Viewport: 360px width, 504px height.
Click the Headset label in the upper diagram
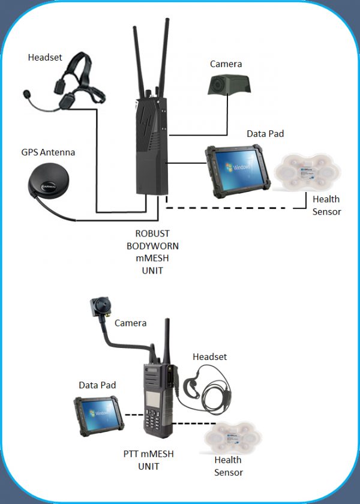45,58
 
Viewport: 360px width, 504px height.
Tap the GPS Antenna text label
48,152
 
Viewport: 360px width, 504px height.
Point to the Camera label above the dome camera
226,64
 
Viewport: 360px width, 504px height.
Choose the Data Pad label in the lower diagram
97,385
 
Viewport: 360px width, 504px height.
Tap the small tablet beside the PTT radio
98,414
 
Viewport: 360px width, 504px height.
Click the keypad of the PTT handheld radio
155,423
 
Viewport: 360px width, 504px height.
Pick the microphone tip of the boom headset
26,94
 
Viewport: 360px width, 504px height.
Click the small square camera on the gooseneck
98,307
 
